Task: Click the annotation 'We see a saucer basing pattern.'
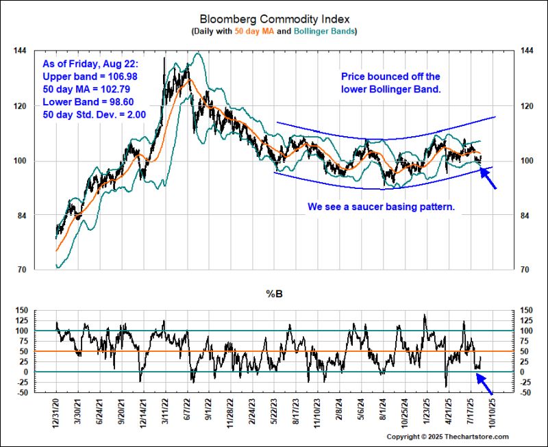tap(382, 205)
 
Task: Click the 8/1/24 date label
tap(382, 414)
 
